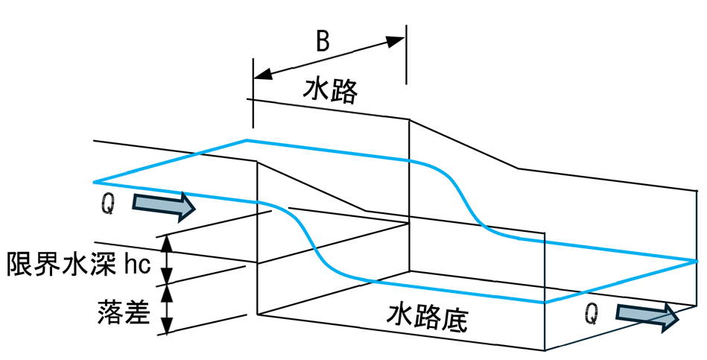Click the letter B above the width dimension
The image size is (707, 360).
tap(323, 41)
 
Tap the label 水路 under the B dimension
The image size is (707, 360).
tap(331, 91)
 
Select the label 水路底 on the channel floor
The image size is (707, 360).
tap(427, 318)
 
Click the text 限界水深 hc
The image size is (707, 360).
tap(78, 263)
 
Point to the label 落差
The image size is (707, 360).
tap(124, 312)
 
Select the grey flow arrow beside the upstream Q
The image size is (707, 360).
tap(163, 205)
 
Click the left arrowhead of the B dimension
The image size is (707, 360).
tap(263, 74)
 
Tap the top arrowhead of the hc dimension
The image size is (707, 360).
tap(168, 244)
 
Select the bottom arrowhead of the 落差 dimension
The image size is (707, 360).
tap(168, 326)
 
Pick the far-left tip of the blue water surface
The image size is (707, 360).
tap(94, 183)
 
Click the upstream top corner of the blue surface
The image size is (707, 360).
tap(246, 140)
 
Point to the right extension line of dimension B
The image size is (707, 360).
tap(406, 54)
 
